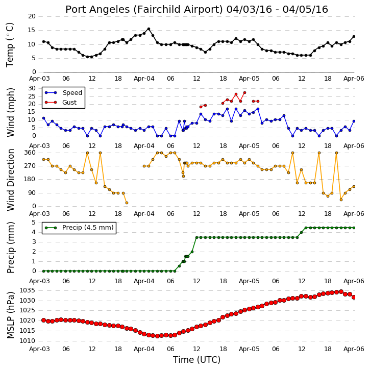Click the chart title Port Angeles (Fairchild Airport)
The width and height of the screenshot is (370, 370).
click(144, 10)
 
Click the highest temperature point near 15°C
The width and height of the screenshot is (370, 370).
click(149, 29)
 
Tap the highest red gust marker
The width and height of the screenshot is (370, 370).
click(244, 93)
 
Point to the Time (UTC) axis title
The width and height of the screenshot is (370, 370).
click(196, 360)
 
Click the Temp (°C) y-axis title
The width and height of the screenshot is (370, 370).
click(10, 45)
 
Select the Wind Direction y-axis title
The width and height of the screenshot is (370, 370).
click(11, 180)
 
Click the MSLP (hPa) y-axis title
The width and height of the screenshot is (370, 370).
click(11, 315)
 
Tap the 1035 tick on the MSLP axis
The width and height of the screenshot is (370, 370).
click(28, 290)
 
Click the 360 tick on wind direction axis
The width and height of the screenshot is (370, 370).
click(30, 153)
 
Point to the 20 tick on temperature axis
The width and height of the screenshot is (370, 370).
click(32, 16)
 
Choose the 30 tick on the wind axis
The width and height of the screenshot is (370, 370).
click(32, 88)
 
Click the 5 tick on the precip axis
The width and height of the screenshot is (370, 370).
click(34, 223)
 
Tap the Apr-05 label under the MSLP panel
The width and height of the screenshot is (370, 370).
click(249, 349)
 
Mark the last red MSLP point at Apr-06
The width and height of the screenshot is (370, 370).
click(354, 298)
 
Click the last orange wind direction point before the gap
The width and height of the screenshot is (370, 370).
click(127, 203)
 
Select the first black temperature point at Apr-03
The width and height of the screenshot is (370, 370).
click(44, 41)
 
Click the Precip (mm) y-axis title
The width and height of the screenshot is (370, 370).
click(11, 248)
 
